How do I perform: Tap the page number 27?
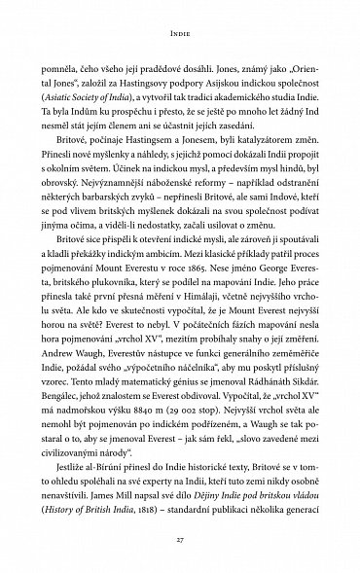coord(180,540)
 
